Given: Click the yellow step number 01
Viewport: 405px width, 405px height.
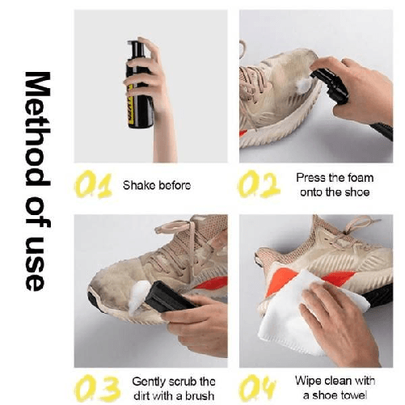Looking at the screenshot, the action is coord(94,185).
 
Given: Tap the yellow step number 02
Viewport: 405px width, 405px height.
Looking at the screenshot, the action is coord(259,184).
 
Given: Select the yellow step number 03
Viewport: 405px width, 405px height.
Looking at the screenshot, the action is coord(96,389).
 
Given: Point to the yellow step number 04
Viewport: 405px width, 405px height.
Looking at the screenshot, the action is coord(257,388).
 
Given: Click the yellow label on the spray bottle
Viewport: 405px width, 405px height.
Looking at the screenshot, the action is coord(131,104).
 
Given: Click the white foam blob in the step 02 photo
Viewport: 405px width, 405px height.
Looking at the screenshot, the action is coord(304,85).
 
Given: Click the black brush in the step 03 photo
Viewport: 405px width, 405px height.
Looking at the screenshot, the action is coord(170,297).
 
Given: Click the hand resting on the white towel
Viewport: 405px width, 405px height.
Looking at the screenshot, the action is coord(337,321).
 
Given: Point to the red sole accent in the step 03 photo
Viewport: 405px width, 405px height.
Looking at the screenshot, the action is coord(213,284).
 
